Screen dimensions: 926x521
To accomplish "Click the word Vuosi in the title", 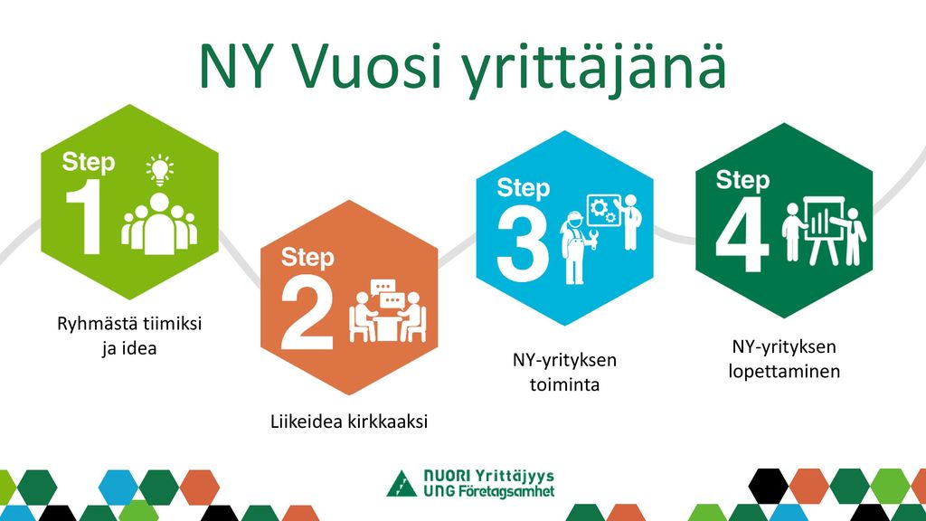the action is pyautogui.click(x=367, y=65).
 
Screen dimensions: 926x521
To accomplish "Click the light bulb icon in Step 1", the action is pyautogui.click(x=159, y=170).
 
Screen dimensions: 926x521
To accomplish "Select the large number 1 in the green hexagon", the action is pyautogui.click(x=83, y=216).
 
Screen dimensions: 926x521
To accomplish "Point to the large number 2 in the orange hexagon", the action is pyautogui.click(x=307, y=312).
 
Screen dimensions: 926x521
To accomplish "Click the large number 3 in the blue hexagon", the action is pyautogui.click(x=524, y=243).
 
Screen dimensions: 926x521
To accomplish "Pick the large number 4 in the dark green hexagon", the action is pyautogui.click(x=742, y=234).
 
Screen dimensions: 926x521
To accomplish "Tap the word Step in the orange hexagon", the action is pyautogui.click(x=307, y=258).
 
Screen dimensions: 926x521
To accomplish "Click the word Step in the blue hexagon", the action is pyautogui.click(x=524, y=188).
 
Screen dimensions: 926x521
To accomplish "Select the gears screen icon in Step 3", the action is pyautogui.click(x=603, y=210).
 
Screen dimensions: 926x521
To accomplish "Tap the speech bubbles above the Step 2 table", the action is pyautogui.click(x=387, y=294).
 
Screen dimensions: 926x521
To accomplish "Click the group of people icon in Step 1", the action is pyautogui.click(x=159, y=223).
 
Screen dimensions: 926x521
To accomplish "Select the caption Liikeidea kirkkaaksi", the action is pyautogui.click(x=349, y=422).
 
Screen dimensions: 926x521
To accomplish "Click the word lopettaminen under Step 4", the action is pyautogui.click(x=784, y=372).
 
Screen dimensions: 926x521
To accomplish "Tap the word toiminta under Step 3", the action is pyautogui.click(x=564, y=384).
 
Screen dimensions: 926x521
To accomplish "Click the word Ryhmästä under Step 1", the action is pyautogui.click(x=97, y=325).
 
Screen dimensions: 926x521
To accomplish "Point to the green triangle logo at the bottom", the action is pyautogui.click(x=402, y=485).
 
